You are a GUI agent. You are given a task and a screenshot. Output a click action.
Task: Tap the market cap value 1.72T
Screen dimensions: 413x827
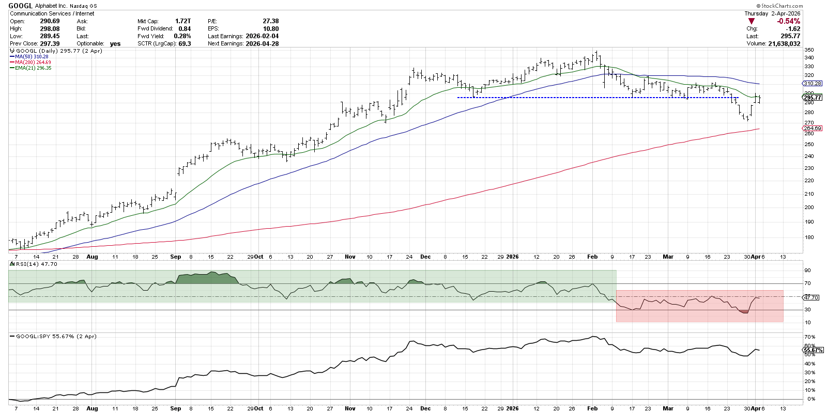coord(182,21)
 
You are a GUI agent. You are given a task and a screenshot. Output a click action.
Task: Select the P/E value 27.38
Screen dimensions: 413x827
coord(270,21)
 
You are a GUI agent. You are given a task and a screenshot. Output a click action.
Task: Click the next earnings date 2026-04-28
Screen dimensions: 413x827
coord(262,43)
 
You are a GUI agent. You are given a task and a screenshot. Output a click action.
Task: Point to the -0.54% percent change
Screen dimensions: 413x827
coord(788,21)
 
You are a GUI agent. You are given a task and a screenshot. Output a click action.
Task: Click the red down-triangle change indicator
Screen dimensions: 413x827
coord(751,21)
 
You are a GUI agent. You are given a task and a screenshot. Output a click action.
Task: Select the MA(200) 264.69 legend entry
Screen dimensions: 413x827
coord(33,62)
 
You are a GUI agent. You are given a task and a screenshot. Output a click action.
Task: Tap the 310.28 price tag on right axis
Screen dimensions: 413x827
coord(813,83)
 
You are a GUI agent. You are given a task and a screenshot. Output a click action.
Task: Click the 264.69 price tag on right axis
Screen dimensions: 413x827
coord(813,128)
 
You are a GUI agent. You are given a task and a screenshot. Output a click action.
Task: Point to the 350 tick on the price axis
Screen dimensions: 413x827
coord(809,50)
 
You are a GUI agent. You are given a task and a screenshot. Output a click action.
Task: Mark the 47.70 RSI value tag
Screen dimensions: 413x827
coord(811,297)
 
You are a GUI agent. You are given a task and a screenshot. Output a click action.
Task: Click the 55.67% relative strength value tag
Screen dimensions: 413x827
coord(814,350)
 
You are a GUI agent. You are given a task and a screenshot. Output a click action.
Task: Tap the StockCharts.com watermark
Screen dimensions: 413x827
coord(780,6)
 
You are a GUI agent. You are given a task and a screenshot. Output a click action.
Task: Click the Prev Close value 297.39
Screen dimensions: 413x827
coord(50,43)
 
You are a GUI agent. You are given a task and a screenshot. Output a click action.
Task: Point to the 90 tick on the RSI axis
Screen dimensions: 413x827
coord(807,271)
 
